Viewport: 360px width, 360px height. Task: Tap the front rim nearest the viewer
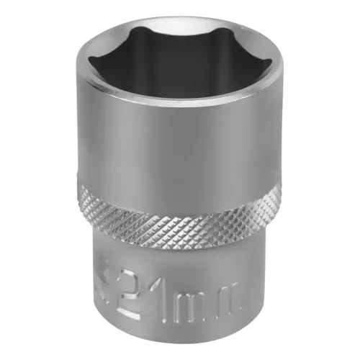(x=180, y=108)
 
